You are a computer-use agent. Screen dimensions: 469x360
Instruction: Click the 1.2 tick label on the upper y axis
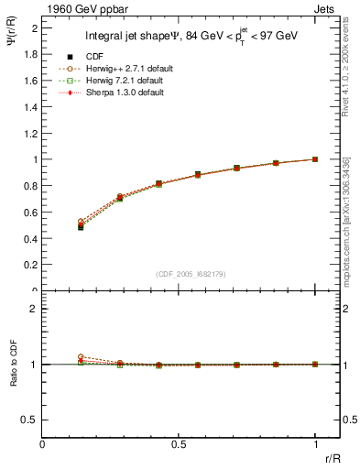click(32, 133)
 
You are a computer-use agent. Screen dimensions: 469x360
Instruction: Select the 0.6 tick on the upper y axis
click(32, 212)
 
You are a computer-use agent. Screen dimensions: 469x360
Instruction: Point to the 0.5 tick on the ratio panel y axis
click(32, 420)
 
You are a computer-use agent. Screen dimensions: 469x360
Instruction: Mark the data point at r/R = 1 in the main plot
click(315, 159)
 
